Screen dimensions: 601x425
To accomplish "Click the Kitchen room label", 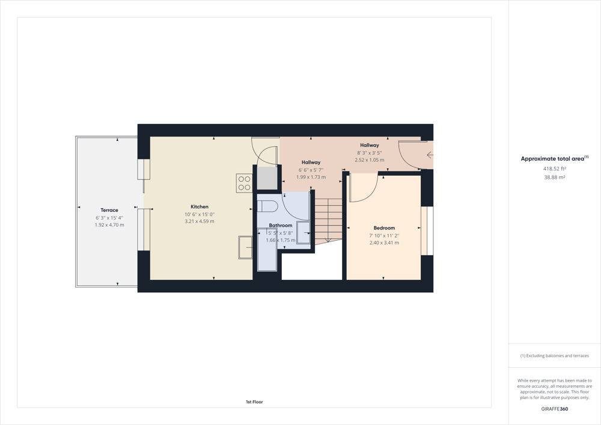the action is (200, 206).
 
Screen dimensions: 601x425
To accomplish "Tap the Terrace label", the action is (109, 210).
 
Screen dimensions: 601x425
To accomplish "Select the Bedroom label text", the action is (384, 228).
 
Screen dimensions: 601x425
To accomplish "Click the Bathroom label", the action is (281, 225).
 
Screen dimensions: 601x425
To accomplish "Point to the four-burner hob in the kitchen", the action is (244, 183).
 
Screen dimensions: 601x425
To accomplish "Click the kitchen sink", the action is (245, 247).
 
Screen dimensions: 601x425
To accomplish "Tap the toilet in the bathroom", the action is (267, 206).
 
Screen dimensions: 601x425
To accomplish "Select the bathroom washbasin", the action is (303, 232).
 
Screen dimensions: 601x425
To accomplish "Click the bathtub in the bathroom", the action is (267, 249).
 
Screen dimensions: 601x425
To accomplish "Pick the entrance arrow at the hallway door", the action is (430, 155).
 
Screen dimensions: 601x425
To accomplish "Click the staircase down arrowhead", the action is (328, 240).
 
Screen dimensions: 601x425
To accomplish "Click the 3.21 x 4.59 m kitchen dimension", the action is (200, 222).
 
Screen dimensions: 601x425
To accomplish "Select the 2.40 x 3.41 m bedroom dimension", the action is (384, 243).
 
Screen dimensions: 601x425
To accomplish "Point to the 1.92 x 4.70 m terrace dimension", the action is (109, 225).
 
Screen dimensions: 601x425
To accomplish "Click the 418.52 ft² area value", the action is (555, 169).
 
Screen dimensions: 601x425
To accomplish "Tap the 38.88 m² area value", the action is (555, 178).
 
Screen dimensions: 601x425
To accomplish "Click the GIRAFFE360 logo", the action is (555, 409).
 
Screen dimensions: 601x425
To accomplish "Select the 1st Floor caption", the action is (254, 402).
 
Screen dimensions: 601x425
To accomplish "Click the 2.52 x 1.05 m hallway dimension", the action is (370, 160).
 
